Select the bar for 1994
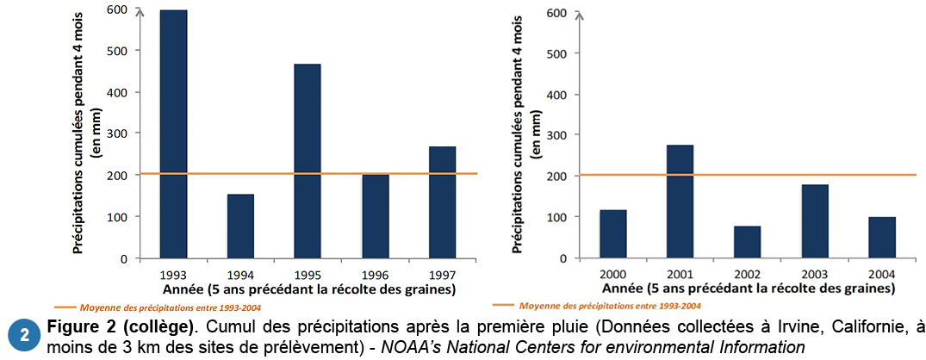click(x=240, y=226)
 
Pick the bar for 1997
click(x=442, y=202)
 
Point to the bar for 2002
click(x=747, y=242)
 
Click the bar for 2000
click(x=612, y=233)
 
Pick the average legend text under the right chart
click(x=609, y=306)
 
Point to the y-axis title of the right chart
click(x=519, y=133)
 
